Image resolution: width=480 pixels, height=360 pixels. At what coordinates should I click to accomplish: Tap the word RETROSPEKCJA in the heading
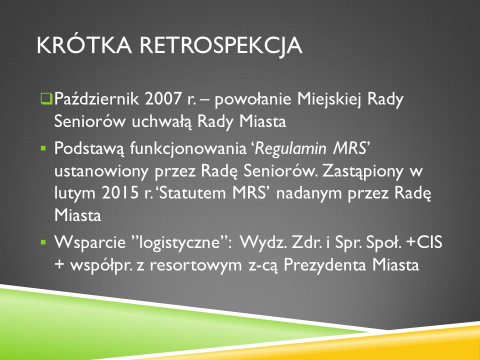[x=221, y=46]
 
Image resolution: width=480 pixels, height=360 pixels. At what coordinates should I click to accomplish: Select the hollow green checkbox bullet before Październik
[x=46, y=99]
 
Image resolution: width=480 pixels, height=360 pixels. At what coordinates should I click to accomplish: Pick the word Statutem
[x=192, y=193]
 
